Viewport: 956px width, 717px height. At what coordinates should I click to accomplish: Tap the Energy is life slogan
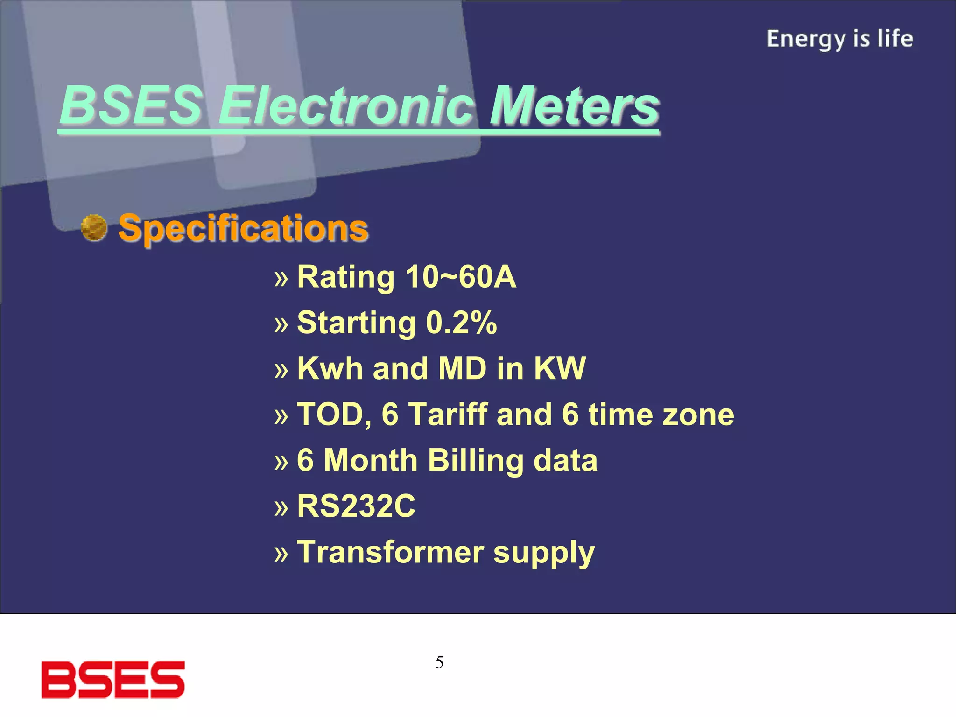click(839, 39)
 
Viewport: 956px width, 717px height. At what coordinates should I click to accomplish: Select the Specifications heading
click(243, 229)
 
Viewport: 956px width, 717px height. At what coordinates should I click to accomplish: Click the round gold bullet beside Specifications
click(94, 228)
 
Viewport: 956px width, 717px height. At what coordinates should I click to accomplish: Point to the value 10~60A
click(461, 277)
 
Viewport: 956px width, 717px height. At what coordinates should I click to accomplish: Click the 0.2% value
click(461, 323)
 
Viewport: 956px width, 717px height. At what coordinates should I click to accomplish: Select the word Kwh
click(330, 369)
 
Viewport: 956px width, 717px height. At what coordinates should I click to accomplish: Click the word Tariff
click(448, 415)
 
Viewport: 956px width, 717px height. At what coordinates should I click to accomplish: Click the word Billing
click(475, 461)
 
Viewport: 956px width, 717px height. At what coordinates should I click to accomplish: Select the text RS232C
click(356, 506)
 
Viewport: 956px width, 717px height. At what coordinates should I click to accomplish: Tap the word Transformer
click(390, 552)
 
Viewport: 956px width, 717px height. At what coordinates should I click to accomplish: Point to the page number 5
click(439, 662)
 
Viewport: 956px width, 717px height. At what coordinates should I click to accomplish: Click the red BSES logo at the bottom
click(113, 680)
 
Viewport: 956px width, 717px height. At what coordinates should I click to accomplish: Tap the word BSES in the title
click(132, 106)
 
